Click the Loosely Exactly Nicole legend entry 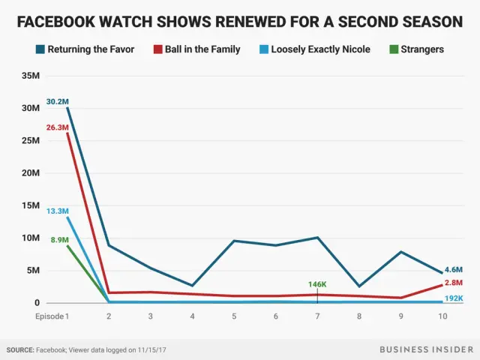[322, 50]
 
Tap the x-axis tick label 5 [234, 316]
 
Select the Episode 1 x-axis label [52, 316]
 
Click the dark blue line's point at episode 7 [318, 238]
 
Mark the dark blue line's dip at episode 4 [193, 286]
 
